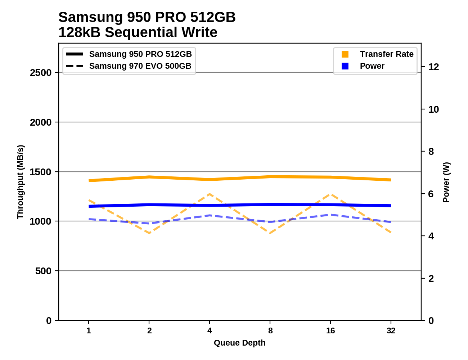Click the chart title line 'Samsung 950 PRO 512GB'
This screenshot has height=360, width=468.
[x=147, y=17]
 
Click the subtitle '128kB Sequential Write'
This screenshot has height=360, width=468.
[x=138, y=32]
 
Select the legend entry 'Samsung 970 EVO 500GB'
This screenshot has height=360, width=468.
[x=140, y=66]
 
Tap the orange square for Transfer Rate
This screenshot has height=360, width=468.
[x=345, y=54]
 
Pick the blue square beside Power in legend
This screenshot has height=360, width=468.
[x=345, y=66]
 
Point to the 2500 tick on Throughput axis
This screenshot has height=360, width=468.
[x=41, y=73]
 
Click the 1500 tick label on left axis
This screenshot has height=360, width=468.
[x=41, y=172]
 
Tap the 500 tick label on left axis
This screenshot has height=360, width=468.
[x=44, y=271]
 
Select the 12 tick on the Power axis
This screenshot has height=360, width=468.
[x=433, y=67]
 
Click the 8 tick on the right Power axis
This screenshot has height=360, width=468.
[x=431, y=152]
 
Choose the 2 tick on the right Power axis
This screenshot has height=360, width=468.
[x=431, y=279]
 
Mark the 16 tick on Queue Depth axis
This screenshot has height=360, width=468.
[x=330, y=331]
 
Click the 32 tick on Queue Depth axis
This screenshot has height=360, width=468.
[x=391, y=331]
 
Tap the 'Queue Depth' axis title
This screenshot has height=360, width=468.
[x=239, y=343]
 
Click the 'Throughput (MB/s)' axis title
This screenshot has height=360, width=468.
[x=20, y=182]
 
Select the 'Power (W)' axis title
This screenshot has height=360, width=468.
[x=446, y=182]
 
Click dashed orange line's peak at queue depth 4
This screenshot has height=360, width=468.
[x=210, y=194]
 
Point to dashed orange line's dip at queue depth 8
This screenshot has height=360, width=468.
[x=270, y=233]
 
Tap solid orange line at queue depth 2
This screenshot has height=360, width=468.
[x=149, y=177]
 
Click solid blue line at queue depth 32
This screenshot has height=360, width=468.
[x=391, y=206]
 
